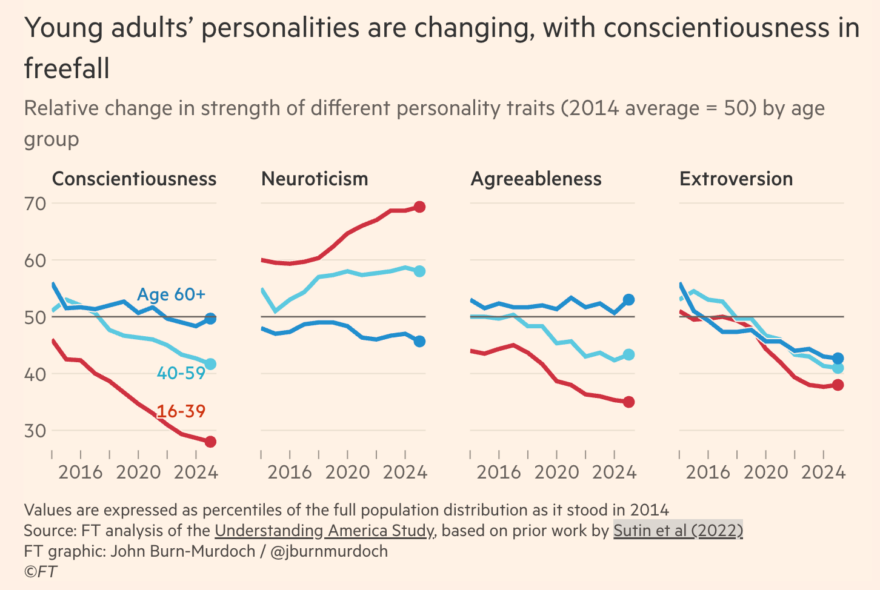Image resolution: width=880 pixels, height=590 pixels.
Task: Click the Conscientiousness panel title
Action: [134, 179]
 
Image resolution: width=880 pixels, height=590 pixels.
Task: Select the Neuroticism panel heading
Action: [315, 179]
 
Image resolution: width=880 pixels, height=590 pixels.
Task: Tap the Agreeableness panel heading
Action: [536, 179]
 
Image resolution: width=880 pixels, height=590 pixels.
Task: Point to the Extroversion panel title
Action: [736, 179]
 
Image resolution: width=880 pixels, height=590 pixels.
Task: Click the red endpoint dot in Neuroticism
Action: [419, 207]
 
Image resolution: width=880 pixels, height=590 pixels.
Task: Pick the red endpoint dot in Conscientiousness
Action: [210, 442]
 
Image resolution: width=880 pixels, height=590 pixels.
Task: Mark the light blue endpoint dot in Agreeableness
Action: [628, 354]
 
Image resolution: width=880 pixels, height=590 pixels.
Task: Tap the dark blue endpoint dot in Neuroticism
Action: [419, 341]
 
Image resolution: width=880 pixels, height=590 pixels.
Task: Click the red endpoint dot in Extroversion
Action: [838, 385]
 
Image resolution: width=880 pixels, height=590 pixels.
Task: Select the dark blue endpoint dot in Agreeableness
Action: [628, 299]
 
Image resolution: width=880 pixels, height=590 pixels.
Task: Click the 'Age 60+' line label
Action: [172, 294]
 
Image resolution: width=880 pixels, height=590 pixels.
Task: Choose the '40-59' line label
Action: [181, 373]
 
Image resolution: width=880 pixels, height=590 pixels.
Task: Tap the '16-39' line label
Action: [181, 411]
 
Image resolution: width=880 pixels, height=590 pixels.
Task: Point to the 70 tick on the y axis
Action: [35, 204]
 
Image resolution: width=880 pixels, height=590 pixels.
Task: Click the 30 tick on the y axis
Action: [35, 431]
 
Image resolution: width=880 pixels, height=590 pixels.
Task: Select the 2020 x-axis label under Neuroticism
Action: [348, 472]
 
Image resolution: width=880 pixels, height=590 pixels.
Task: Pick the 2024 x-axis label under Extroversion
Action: [823, 472]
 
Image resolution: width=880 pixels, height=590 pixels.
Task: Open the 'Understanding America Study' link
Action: [324, 531]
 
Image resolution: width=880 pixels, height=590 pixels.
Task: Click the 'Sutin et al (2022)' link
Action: [678, 531]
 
